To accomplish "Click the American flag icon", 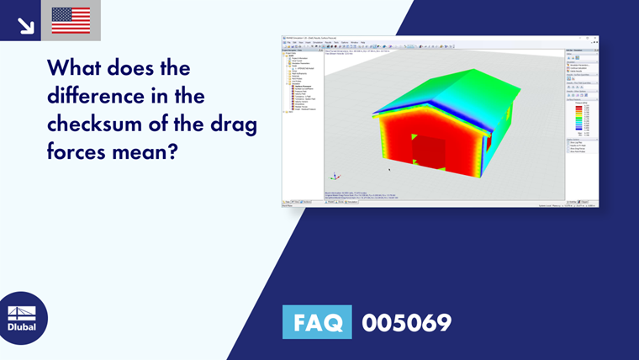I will pos(71,20).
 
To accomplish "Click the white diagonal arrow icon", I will pos(25,25).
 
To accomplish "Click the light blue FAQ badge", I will pos(317,322).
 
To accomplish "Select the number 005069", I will pos(406,322).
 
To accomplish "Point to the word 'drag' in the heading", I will pos(228,123).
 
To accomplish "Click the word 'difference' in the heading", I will pos(103,95).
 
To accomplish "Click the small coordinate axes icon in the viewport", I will pos(335,177).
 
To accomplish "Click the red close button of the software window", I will pos(595,38).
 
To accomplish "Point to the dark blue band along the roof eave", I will pos(446,113).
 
